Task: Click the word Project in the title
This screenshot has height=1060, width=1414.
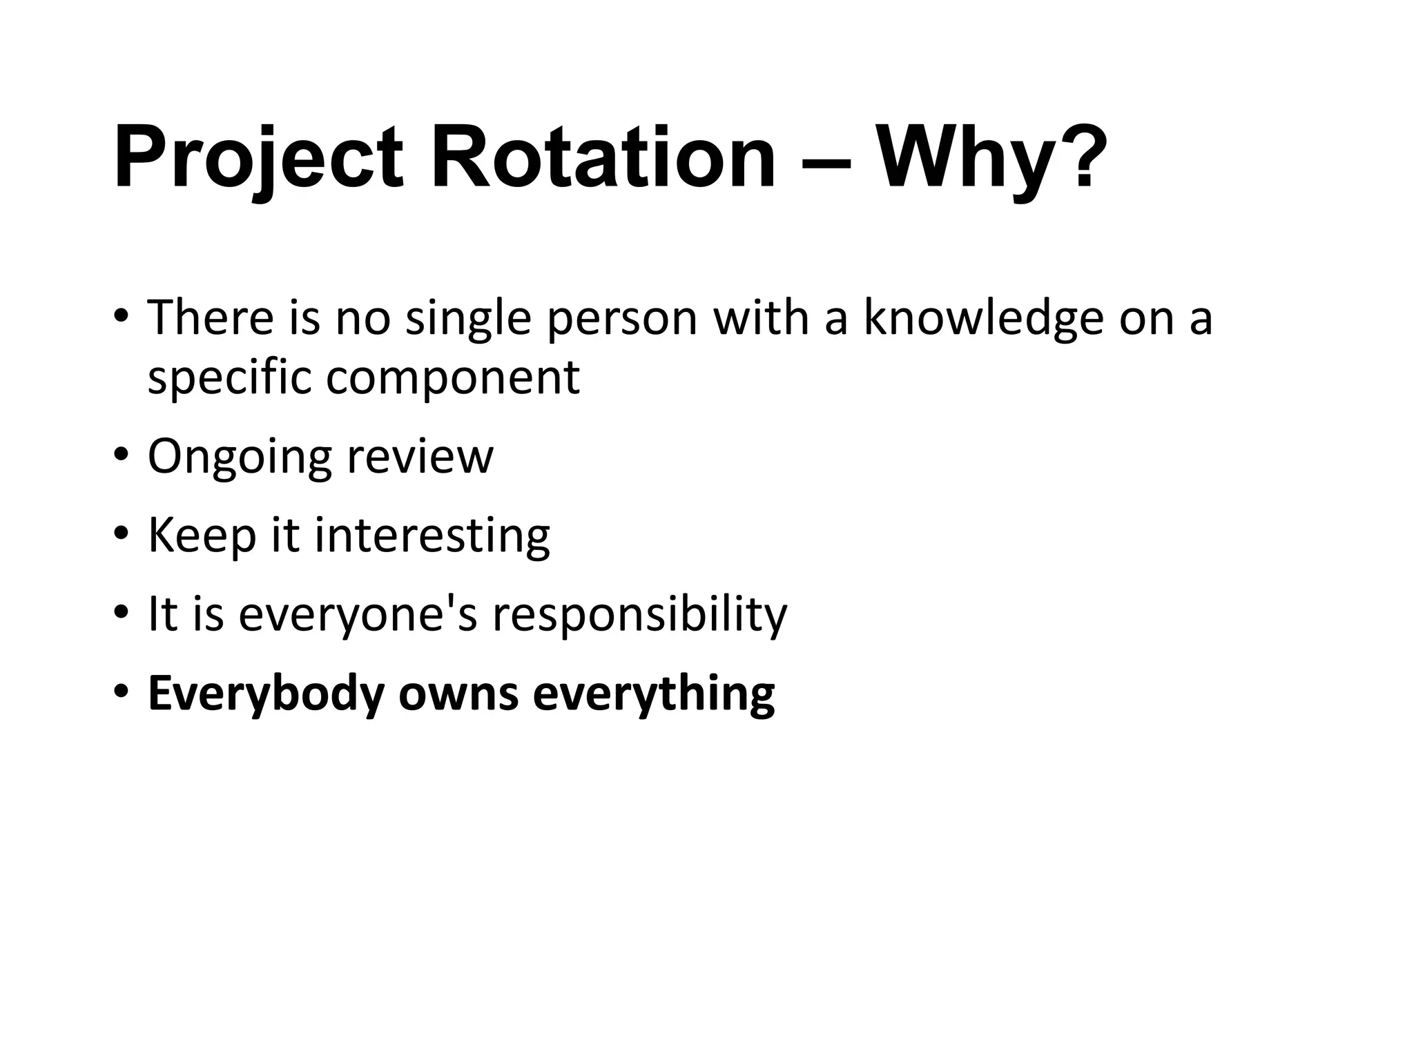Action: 258,159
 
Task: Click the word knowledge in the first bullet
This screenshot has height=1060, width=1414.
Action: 984,317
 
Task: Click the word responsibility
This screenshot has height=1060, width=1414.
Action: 639,615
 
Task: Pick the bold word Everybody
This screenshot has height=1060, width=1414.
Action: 266,694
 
